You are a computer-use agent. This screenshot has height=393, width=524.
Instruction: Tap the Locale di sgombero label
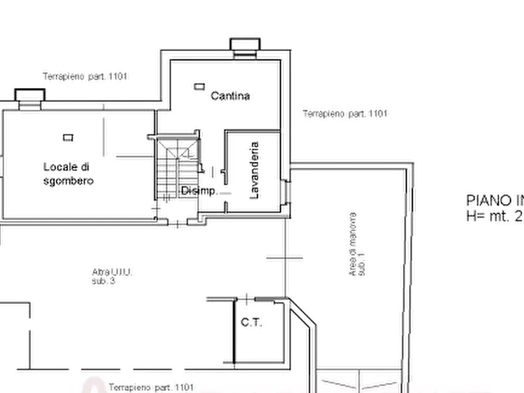[x=67, y=173]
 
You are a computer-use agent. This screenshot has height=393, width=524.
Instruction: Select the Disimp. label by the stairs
[x=200, y=191]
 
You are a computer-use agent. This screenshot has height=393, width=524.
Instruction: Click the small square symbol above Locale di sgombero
[x=67, y=138]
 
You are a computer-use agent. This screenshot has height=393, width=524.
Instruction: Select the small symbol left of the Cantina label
[x=198, y=87]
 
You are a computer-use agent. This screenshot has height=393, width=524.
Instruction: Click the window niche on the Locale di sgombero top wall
[x=29, y=100]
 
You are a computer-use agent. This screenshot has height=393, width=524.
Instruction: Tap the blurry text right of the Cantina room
[x=344, y=113]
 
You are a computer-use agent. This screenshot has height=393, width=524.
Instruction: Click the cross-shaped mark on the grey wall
[x=285, y=258]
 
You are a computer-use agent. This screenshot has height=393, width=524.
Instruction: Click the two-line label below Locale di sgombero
[x=112, y=277]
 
